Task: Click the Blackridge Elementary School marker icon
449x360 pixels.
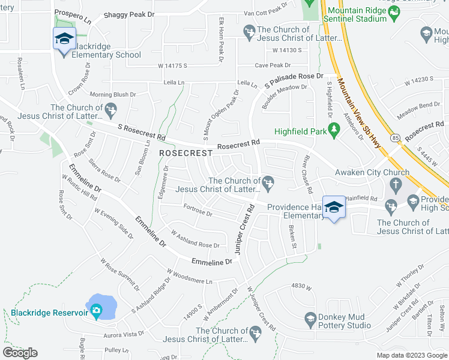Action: pos(64,40)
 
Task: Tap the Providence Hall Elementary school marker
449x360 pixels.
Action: pos(334,208)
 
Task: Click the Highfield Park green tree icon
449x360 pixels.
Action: pos(334,131)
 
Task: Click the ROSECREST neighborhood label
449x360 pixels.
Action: pos(186,153)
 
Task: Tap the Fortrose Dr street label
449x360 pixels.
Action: pos(197,211)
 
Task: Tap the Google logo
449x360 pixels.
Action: pos(20,353)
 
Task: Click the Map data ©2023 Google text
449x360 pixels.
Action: pos(411,355)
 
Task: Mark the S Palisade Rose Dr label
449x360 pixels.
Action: pos(294,79)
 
